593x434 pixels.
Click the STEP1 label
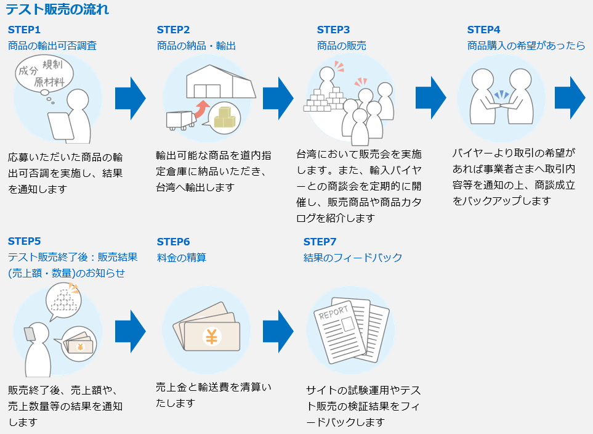tap(24, 30)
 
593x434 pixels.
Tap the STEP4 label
tap(484, 30)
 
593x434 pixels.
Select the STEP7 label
tap(320, 242)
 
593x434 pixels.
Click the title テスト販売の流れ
tap(57, 9)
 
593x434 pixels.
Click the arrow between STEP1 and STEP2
tap(131, 99)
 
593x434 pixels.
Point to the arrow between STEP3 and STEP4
tap(431, 98)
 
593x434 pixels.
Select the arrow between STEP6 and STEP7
tap(278, 332)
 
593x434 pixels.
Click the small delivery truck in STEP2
tap(181, 120)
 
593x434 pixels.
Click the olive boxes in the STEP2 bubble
tap(225, 117)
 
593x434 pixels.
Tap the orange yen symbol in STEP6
tap(212, 337)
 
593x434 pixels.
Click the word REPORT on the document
tap(333, 313)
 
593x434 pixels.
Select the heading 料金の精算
tap(182, 258)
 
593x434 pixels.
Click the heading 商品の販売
tap(342, 46)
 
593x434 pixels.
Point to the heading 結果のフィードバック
tap(353, 258)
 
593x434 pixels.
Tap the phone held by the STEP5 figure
tap(30, 334)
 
